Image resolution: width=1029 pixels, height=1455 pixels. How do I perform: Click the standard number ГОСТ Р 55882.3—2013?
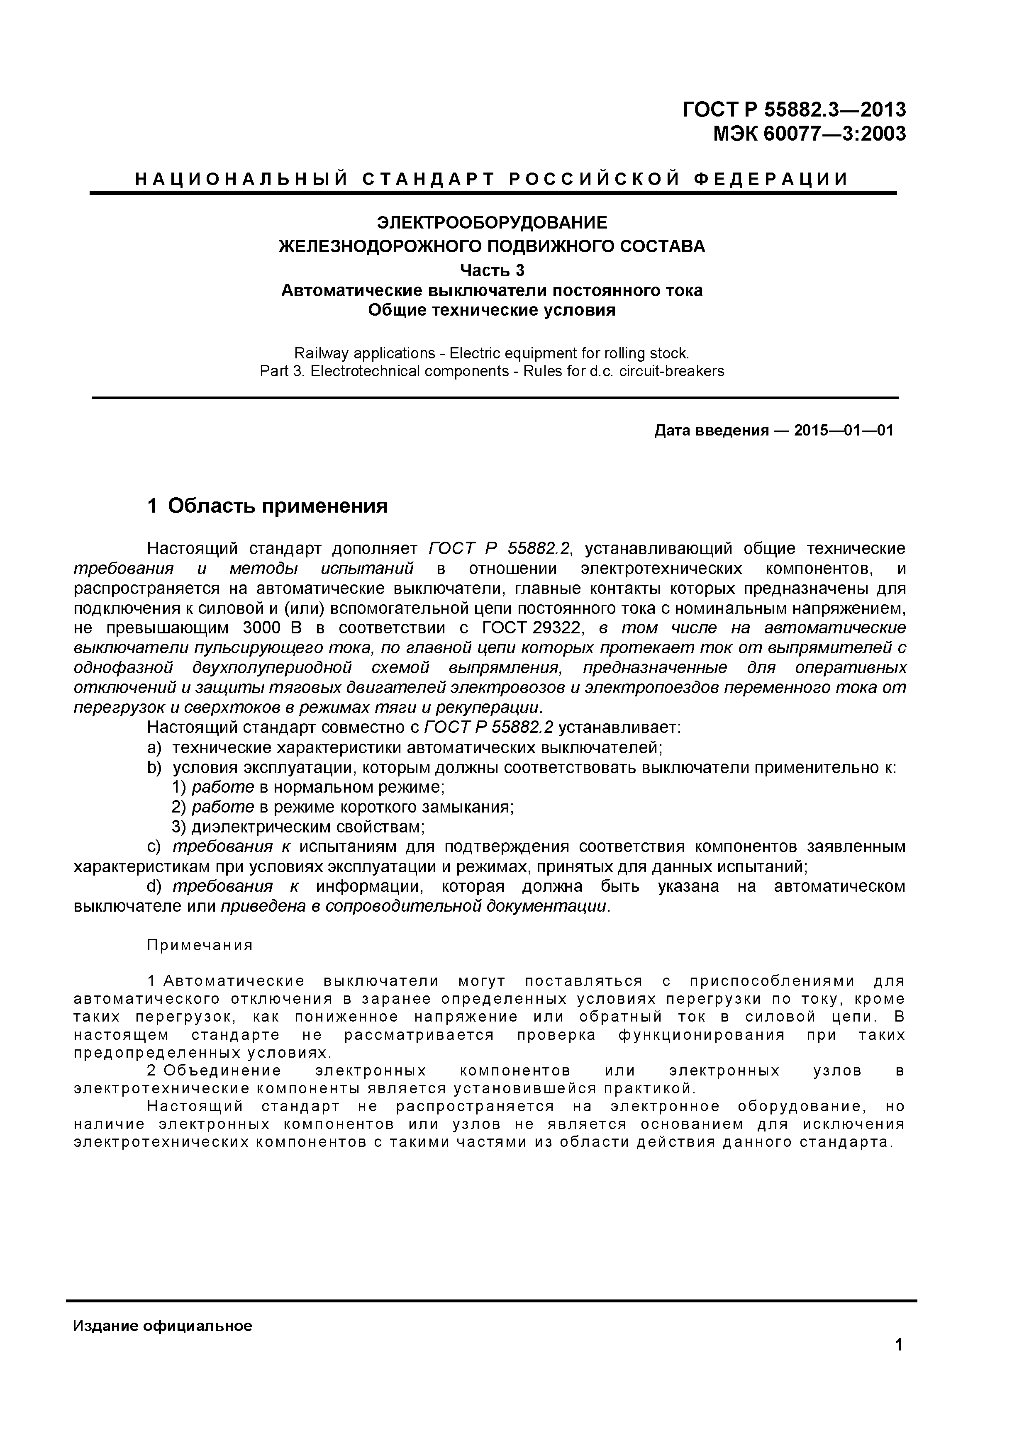tap(795, 110)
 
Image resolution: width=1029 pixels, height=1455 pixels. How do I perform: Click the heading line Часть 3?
tap(492, 270)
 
